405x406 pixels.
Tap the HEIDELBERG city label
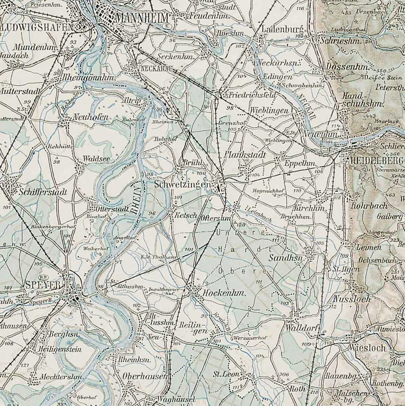coord(374,160)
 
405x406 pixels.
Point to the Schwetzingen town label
coord(182,184)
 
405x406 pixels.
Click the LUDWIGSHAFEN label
coord(37,27)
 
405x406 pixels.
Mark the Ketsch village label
coord(186,215)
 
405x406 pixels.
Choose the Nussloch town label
coord(352,299)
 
